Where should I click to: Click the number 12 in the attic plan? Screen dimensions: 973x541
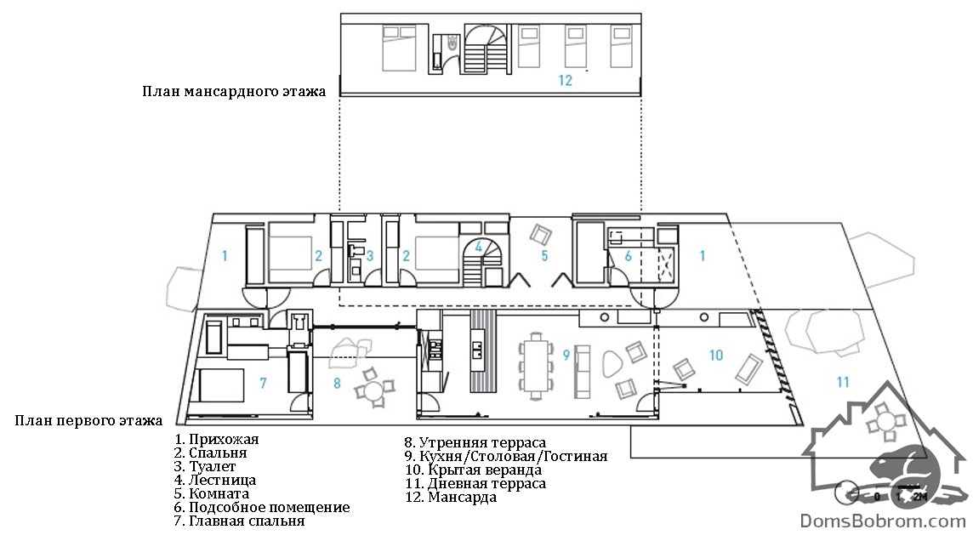click(565, 80)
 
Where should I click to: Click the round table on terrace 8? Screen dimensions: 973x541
click(373, 391)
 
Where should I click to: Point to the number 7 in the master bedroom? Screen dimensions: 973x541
click(263, 383)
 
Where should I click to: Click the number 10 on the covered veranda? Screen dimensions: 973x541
click(716, 355)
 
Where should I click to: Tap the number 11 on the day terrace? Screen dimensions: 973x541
click(842, 382)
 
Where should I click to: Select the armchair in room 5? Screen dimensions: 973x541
click(540, 235)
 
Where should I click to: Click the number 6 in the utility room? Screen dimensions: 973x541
click(628, 256)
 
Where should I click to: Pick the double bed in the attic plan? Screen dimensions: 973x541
click(398, 48)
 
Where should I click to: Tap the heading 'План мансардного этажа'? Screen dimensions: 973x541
click(234, 92)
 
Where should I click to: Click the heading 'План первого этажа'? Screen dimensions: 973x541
click(88, 421)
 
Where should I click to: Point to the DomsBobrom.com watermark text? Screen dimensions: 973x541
click(882, 521)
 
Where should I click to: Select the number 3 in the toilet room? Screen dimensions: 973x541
click(370, 255)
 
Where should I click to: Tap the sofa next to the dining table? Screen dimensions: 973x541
click(582, 372)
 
